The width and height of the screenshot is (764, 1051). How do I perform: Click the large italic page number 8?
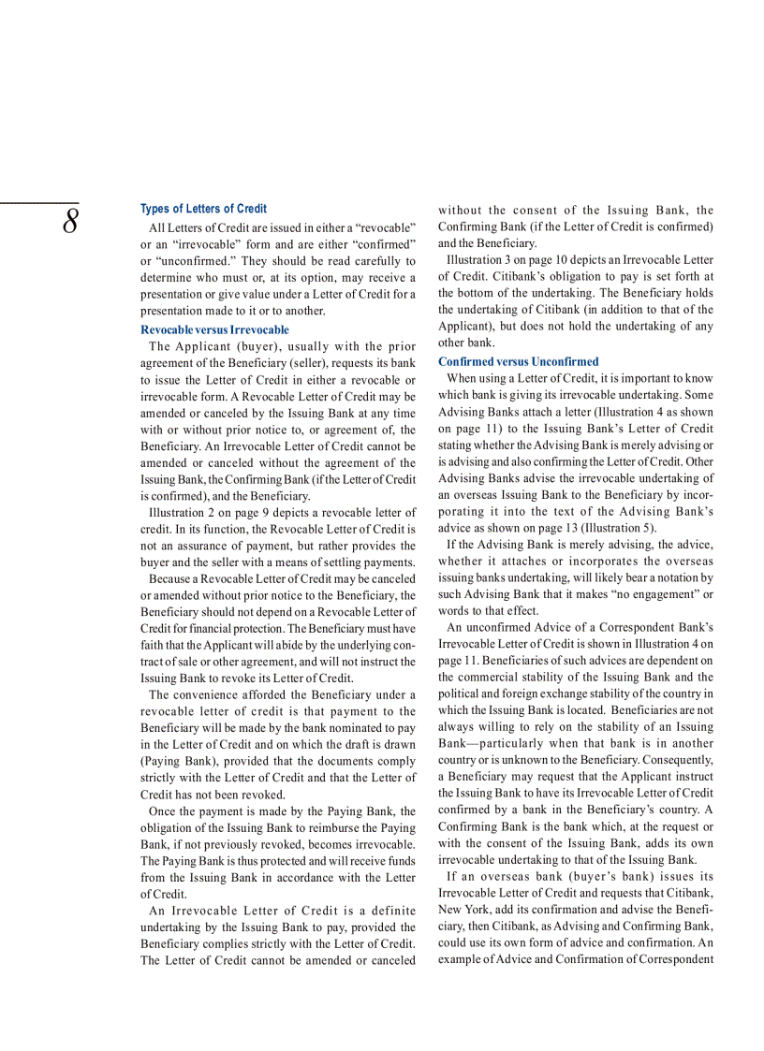pyautogui.click(x=70, y=224)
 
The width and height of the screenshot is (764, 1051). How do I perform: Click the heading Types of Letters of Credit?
pyautogui.click(x=203, y=209)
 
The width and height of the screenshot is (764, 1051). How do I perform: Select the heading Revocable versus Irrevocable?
pyautogui.click(x=214, y=329)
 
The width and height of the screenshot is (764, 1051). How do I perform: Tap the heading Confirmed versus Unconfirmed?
pyautogui.click(x=518, y=361)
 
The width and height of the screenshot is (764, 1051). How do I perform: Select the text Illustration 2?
pyautogui.click(x=184, y=513)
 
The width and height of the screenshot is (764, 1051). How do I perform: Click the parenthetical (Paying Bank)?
pyautogui.click(x=174, y=762)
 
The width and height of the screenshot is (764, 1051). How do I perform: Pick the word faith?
pyautogui.click(x=154, y=645)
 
